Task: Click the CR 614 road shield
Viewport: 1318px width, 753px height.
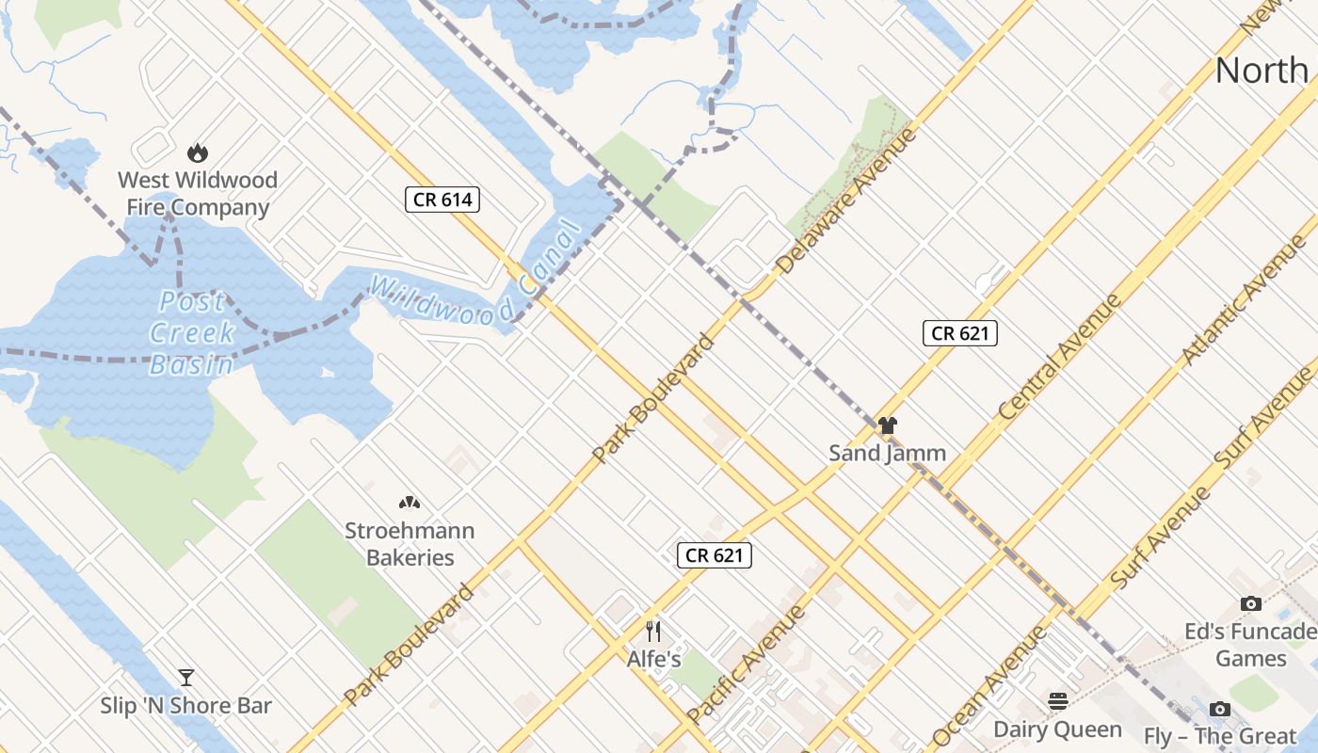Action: pos(442,199)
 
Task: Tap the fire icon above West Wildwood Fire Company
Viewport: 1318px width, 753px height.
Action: pos(197,152)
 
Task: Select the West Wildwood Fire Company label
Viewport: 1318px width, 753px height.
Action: pos(197,193)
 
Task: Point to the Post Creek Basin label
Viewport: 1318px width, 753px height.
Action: pos(192,332)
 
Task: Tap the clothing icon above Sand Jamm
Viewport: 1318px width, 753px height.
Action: pos(887,425)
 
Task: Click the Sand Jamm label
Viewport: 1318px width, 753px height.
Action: pos(887,453)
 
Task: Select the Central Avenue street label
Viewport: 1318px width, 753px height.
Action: pos(1060,356)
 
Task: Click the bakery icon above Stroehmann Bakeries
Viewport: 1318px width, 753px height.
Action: pos(409,503)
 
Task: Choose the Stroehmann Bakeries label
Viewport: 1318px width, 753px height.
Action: pos(410,544)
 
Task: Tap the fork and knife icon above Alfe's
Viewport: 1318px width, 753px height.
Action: pos(653,631)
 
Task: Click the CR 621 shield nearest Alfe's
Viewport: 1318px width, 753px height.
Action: pos(715,555)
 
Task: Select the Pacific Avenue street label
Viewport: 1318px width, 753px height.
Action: pos(746,665)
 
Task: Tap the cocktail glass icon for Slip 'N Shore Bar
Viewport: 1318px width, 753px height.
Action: pos(186,678)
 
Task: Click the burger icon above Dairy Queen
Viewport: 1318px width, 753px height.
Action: pos(1058,700)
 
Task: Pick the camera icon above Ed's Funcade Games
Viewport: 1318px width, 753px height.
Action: pos(1250,603)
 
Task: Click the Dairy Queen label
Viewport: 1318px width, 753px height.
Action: pos(1058,729)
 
